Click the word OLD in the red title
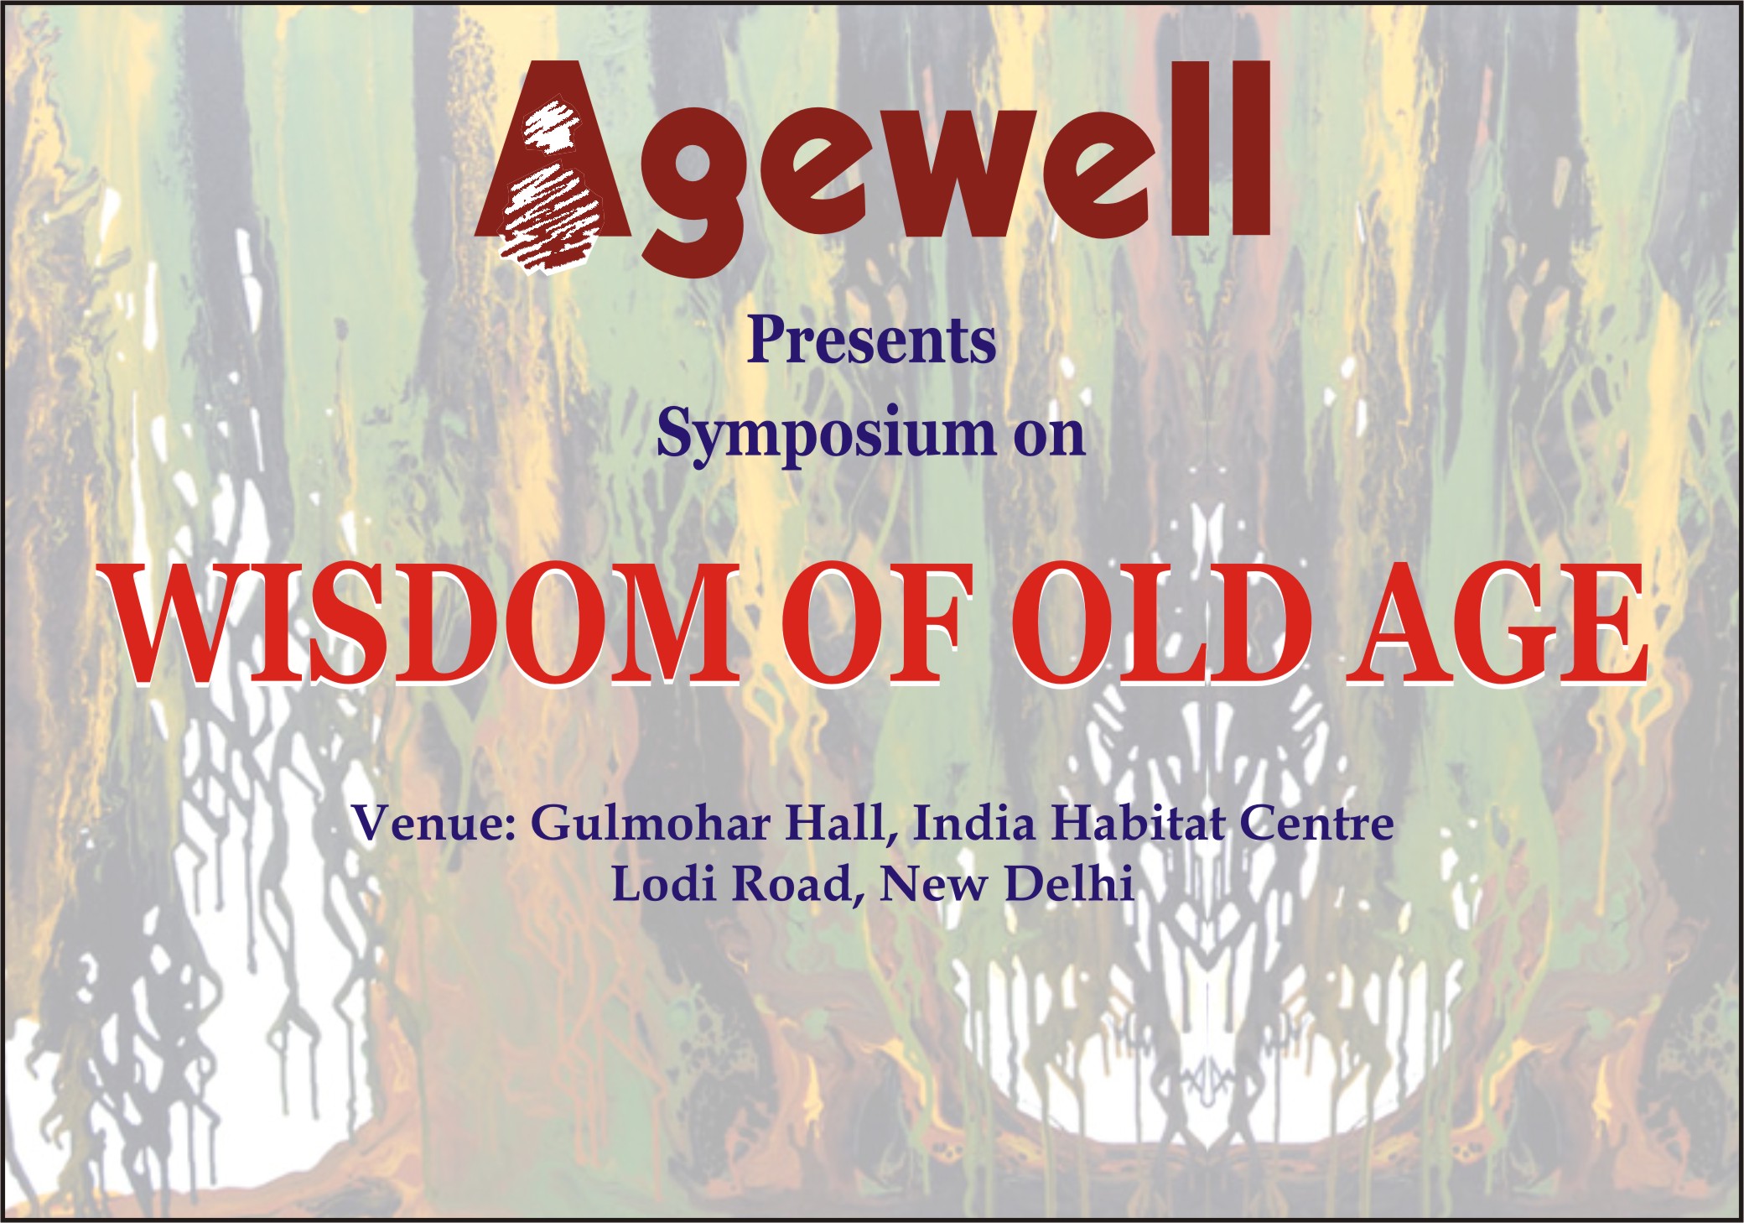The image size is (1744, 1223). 1160,624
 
